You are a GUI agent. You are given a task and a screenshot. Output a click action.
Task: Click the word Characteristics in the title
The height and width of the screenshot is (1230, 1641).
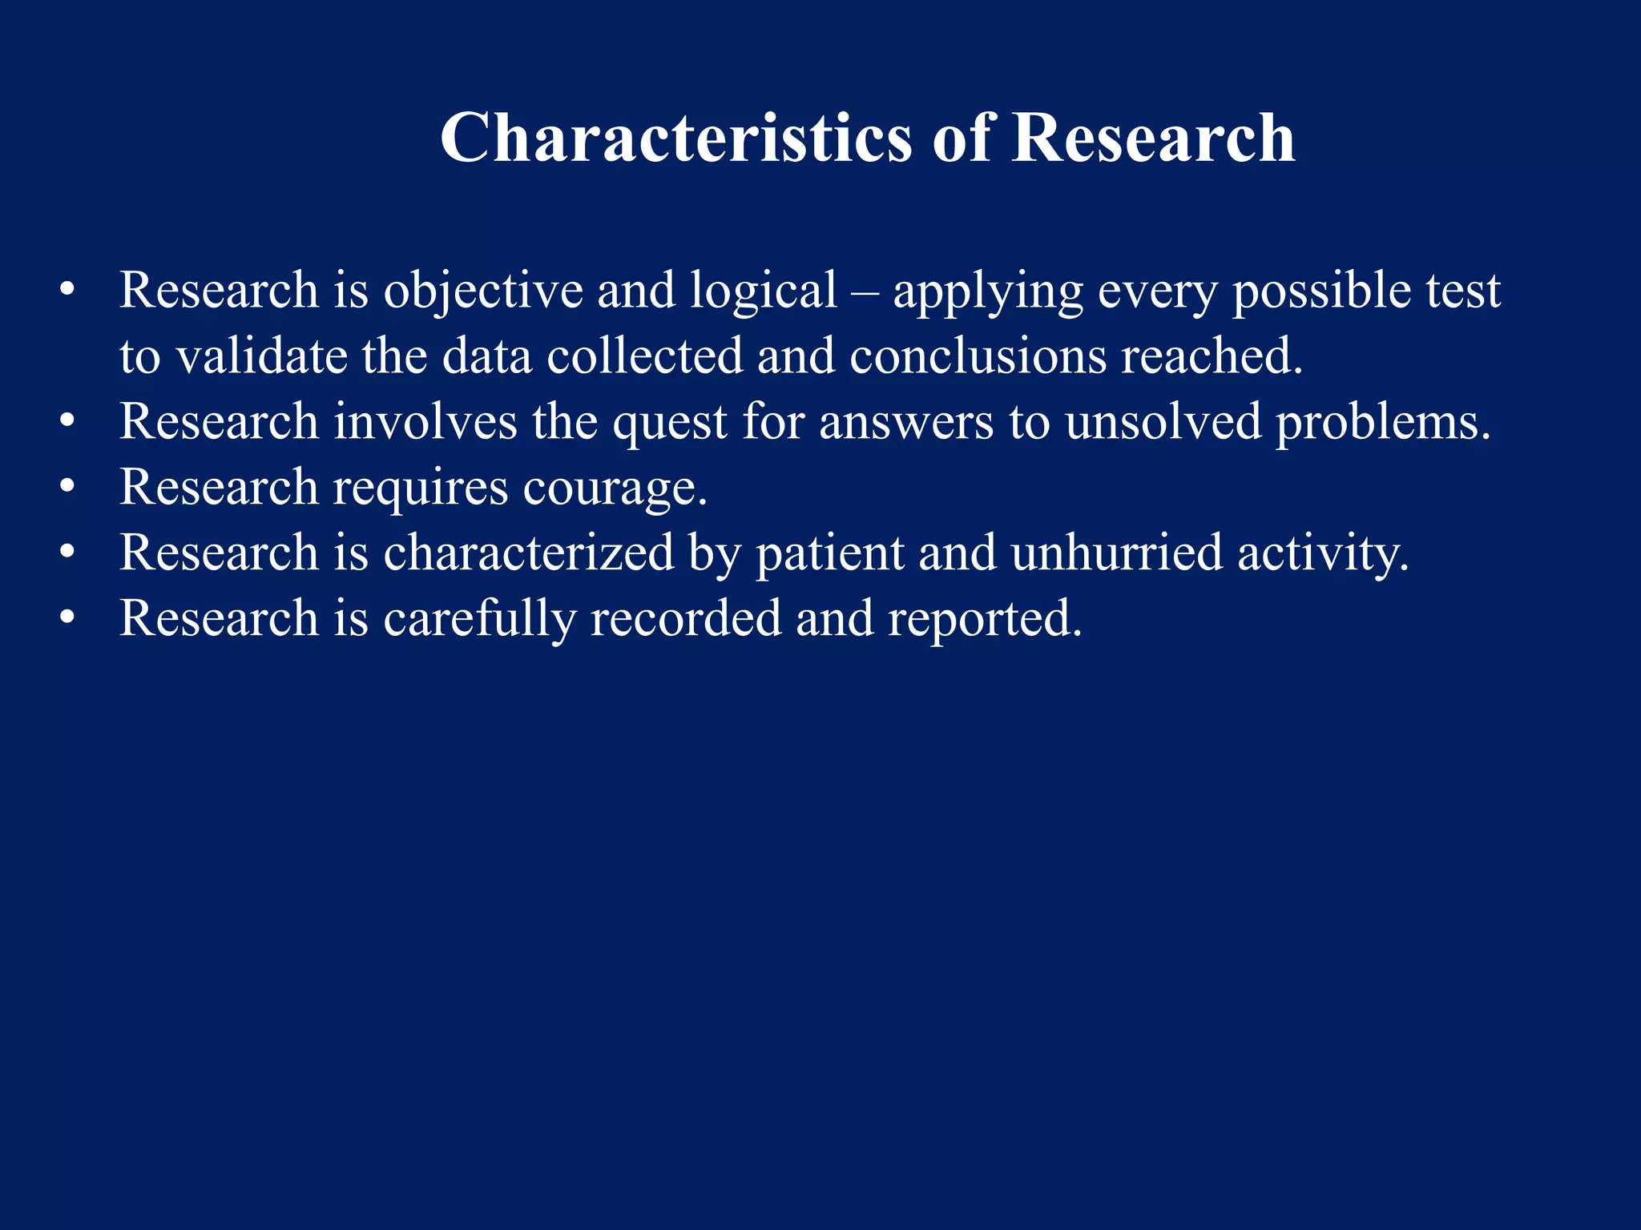[x=675, y=138]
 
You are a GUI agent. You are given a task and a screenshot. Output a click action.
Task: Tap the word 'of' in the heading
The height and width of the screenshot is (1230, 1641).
[x=962, y=138]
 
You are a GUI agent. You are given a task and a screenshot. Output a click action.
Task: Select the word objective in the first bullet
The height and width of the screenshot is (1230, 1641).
[x=483, y=291]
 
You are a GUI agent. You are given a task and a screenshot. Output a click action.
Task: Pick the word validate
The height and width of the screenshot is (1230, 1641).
[x=262, y=356]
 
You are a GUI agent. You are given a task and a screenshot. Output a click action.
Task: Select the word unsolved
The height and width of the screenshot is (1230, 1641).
[x=1163, y=422]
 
